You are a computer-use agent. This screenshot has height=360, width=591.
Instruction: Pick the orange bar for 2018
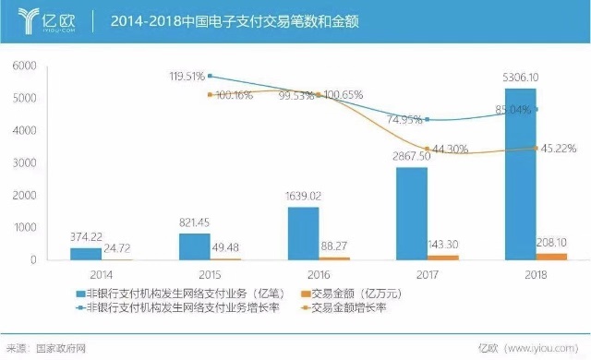click(x=552, y=257)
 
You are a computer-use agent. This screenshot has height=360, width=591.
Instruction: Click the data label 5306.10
click(x=525, y=77)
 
